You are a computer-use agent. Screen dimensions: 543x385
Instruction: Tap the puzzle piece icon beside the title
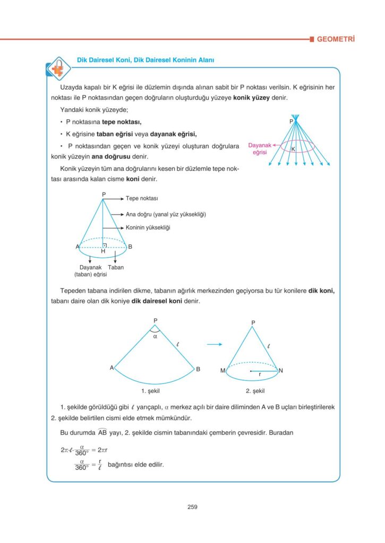point(55,68)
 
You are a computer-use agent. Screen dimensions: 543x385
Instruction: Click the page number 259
point(192,507)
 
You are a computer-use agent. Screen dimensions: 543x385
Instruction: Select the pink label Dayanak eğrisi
point(260,148)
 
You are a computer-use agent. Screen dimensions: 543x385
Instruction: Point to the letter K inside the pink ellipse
point(293,149)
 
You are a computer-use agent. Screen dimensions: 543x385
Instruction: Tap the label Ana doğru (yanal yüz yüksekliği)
point(166,214)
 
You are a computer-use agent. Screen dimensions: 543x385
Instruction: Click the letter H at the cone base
point(103,251)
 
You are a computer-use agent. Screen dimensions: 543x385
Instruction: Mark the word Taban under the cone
point(116,267)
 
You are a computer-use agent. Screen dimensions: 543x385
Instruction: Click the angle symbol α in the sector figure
point(155,336)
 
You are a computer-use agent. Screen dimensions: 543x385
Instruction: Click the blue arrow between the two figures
point(214,345)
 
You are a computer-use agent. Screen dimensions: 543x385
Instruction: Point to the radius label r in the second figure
point(260,375)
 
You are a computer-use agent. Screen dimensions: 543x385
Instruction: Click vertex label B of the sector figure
point(198,369)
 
